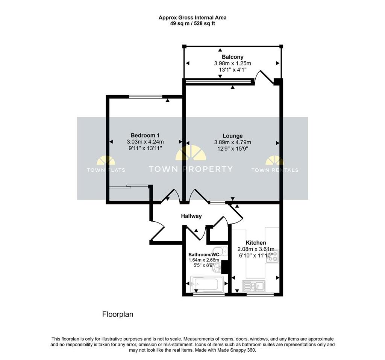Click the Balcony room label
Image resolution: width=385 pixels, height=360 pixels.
click(232, 57)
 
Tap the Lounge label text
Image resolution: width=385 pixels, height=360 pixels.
click(232, 136)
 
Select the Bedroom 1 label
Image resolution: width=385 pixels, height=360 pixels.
click(146, 135)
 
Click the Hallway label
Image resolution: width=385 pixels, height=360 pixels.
click(191, 216)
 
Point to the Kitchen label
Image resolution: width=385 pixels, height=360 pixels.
click(256, 243)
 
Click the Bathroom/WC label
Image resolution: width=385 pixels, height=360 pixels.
click(204, 254)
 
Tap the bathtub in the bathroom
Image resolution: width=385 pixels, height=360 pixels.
click(207, 283)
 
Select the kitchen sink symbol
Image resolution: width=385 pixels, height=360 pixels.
click(254, 286)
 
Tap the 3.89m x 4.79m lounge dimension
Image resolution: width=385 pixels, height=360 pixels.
click(232, 142)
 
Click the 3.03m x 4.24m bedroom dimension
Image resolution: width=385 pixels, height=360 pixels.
click(146, 142)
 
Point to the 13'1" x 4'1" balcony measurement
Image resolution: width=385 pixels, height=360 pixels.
click(232, 70)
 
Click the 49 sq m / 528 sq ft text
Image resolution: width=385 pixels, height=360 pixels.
click(192, 23)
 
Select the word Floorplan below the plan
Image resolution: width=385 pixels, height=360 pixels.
click(118, 314)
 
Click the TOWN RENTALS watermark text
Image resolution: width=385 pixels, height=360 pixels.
click(274, 170)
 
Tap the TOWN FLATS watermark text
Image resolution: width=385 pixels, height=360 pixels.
click(106, 170)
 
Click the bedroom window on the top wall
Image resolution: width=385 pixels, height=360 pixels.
click(146, 97)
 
